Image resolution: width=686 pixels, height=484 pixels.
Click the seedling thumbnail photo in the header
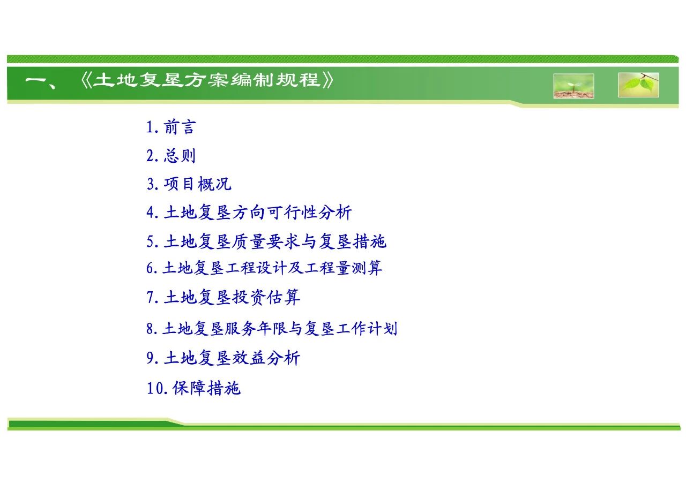click(573, 86)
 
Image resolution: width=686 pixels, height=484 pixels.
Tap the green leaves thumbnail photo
click(638, 85)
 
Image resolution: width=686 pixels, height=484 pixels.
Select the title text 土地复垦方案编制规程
click(206, 80)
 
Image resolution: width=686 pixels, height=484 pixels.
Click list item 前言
click(180, 127)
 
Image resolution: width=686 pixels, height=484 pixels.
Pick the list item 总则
click(180, 155)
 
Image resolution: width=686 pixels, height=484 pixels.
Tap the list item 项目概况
click(198, 184)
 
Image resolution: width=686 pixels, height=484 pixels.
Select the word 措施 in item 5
click(370, 241)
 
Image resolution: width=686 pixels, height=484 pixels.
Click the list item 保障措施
click(206, 388)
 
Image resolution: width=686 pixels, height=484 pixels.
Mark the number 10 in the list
click(156, 389)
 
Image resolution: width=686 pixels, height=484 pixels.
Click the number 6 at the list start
click(151, 268)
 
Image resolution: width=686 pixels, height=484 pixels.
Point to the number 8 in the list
click(151, 329)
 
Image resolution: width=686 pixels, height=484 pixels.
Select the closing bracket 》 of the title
click(327, 80)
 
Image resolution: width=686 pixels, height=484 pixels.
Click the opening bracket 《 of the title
click(86, 80)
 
